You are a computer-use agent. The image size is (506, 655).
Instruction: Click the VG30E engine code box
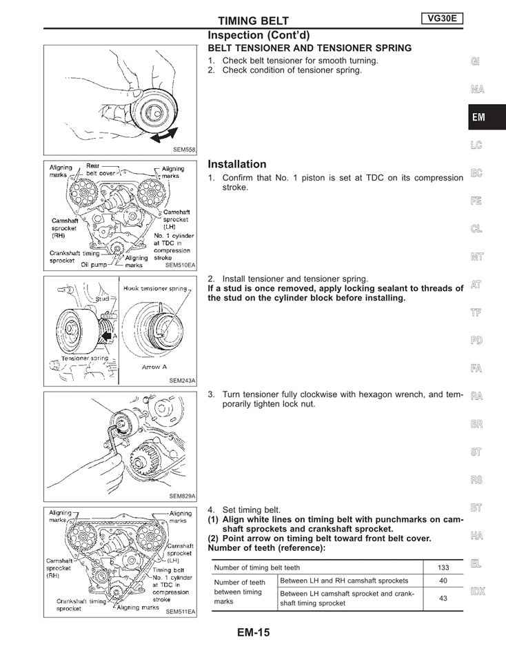point(441,19)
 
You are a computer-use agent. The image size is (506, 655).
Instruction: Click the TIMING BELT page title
point(254,21)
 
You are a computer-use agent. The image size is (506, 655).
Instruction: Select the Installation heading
point(236,164)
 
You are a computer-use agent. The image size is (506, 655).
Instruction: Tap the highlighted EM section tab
point(478,117)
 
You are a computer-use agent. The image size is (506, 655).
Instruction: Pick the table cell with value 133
point(443,567)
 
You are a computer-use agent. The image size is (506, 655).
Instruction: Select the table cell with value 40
point(443,581)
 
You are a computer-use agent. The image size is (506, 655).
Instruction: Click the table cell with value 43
point(443,598)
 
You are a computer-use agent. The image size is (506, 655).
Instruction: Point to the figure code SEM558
point(184,149)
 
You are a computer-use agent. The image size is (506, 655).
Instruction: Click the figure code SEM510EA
point(181,264)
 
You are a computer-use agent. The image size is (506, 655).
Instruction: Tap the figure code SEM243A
point(182,380)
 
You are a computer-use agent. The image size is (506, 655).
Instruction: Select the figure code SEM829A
point(182,496)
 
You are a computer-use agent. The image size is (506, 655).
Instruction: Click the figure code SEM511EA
point(181,611)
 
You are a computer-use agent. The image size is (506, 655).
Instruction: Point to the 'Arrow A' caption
point(154,367)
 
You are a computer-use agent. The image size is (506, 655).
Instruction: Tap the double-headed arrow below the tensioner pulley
point(165,135)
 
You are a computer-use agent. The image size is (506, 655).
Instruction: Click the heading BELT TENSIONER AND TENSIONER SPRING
point(310,48)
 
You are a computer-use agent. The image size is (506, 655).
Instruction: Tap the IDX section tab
point(476,591)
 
